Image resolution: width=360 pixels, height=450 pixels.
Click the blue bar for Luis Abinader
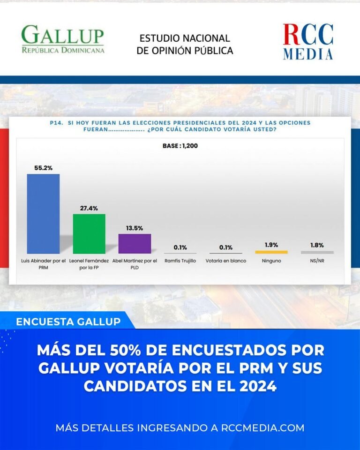coord(43,214)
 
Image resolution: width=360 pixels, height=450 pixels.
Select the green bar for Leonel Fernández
coord(89,233)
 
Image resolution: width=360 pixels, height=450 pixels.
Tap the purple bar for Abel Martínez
coord(135,243)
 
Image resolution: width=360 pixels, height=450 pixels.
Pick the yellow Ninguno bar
coord(271,252)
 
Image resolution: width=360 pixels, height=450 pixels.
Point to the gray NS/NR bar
coord(317,252)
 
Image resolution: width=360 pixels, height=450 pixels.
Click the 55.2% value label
coord(43,167)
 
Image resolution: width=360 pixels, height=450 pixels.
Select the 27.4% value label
coord(89,208)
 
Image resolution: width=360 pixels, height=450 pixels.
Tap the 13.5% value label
coord(135,227)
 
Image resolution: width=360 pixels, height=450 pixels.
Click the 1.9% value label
coord(271,245)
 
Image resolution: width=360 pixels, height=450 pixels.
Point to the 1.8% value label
coord(317,245)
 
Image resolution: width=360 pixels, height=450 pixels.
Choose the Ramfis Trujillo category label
coord(180,261)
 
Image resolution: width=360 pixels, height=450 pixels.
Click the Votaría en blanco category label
coord(226,261)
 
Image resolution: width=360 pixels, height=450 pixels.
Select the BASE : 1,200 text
coord(180,146)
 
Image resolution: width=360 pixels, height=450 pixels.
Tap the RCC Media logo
coord(308,42)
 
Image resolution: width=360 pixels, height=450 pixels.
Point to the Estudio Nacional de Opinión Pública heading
coord(185,45)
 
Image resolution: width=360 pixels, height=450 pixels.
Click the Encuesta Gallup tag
coord(68,322)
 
